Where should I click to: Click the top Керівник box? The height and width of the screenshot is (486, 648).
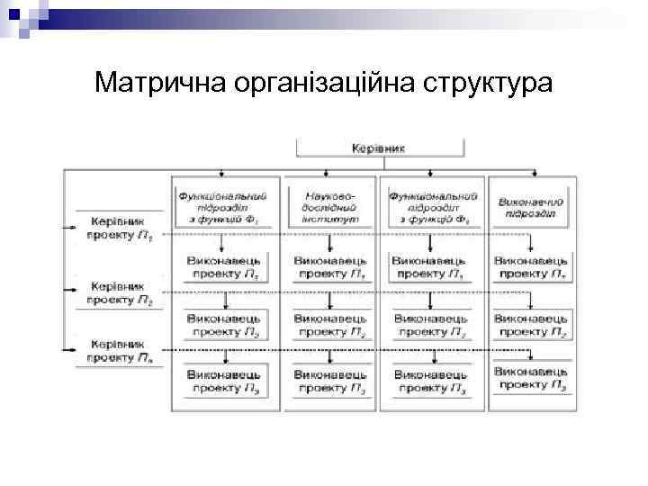379,148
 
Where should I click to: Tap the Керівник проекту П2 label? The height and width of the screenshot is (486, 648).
124,289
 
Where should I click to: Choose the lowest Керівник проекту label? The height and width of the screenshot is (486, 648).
124,350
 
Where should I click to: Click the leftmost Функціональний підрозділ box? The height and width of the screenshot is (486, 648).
222,206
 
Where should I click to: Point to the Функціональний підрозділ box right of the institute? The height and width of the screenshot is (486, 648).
431,206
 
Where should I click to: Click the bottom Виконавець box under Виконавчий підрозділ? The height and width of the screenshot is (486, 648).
530,378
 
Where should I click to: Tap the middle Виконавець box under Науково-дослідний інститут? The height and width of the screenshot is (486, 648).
330,324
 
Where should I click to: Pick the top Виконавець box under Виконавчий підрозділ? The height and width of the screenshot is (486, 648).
530,265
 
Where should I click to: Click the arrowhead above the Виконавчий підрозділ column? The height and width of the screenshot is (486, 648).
537,175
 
